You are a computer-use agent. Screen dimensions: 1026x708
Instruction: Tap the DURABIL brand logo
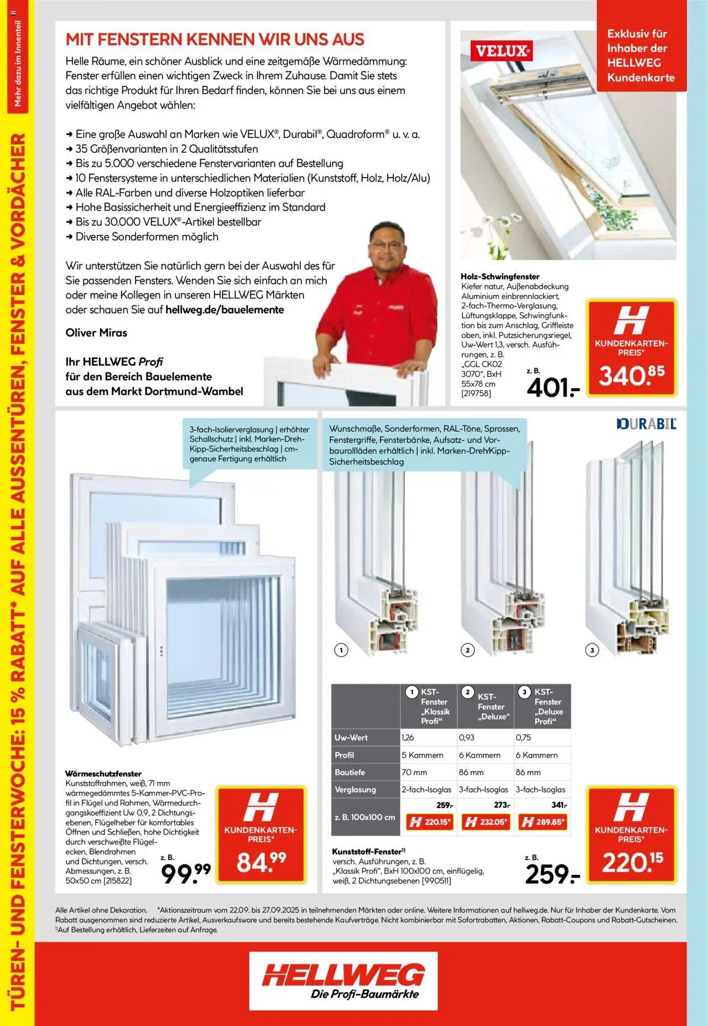click(646, 424)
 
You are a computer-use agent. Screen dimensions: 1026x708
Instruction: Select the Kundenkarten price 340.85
click(632, 376)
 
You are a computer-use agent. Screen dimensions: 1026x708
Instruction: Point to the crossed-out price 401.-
click(553, 388)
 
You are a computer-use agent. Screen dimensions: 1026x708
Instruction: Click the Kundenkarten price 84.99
click(261, 861)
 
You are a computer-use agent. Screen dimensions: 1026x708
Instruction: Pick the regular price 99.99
click(186, 873)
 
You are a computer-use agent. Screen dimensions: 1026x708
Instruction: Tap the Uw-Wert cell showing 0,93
click(467, 738)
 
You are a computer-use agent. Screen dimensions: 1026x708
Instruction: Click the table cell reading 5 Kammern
click(423, 755)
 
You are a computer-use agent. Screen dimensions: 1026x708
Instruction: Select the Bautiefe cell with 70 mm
click(414, 772)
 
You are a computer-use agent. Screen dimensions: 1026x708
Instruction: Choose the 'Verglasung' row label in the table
click(355, 790)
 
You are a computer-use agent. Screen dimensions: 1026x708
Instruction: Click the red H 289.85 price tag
click(543, 822)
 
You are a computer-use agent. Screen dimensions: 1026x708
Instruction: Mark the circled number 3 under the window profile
click(592, 650)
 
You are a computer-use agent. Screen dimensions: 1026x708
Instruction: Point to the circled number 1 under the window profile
click(341, 650)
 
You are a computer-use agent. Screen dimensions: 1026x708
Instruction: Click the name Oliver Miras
click(96, 333)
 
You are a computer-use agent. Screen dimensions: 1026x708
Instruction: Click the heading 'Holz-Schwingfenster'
click(500, 276)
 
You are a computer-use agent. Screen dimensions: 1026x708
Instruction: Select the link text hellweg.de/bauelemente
click(225, 310)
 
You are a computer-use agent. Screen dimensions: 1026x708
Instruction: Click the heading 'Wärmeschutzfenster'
click(103, 774)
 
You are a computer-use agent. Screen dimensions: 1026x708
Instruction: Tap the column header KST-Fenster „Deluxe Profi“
click(543, 706)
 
